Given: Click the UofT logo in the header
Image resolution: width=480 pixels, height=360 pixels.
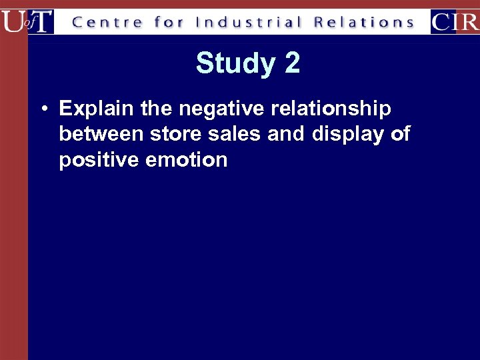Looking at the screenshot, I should click(27, 21).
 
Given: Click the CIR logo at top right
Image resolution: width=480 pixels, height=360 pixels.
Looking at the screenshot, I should click(455, 22).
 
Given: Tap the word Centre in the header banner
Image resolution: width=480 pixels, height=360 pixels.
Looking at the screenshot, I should click(107, 23).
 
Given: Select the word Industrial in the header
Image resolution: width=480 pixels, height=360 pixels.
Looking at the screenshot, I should click(248, 23).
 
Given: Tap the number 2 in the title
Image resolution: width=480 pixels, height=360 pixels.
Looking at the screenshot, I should click(292, 64).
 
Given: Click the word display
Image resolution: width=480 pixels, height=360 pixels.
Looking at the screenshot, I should click(347, 134).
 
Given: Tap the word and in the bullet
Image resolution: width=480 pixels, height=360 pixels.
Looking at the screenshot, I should click(285, 134).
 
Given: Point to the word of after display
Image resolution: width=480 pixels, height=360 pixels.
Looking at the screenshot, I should click(400, 134).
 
